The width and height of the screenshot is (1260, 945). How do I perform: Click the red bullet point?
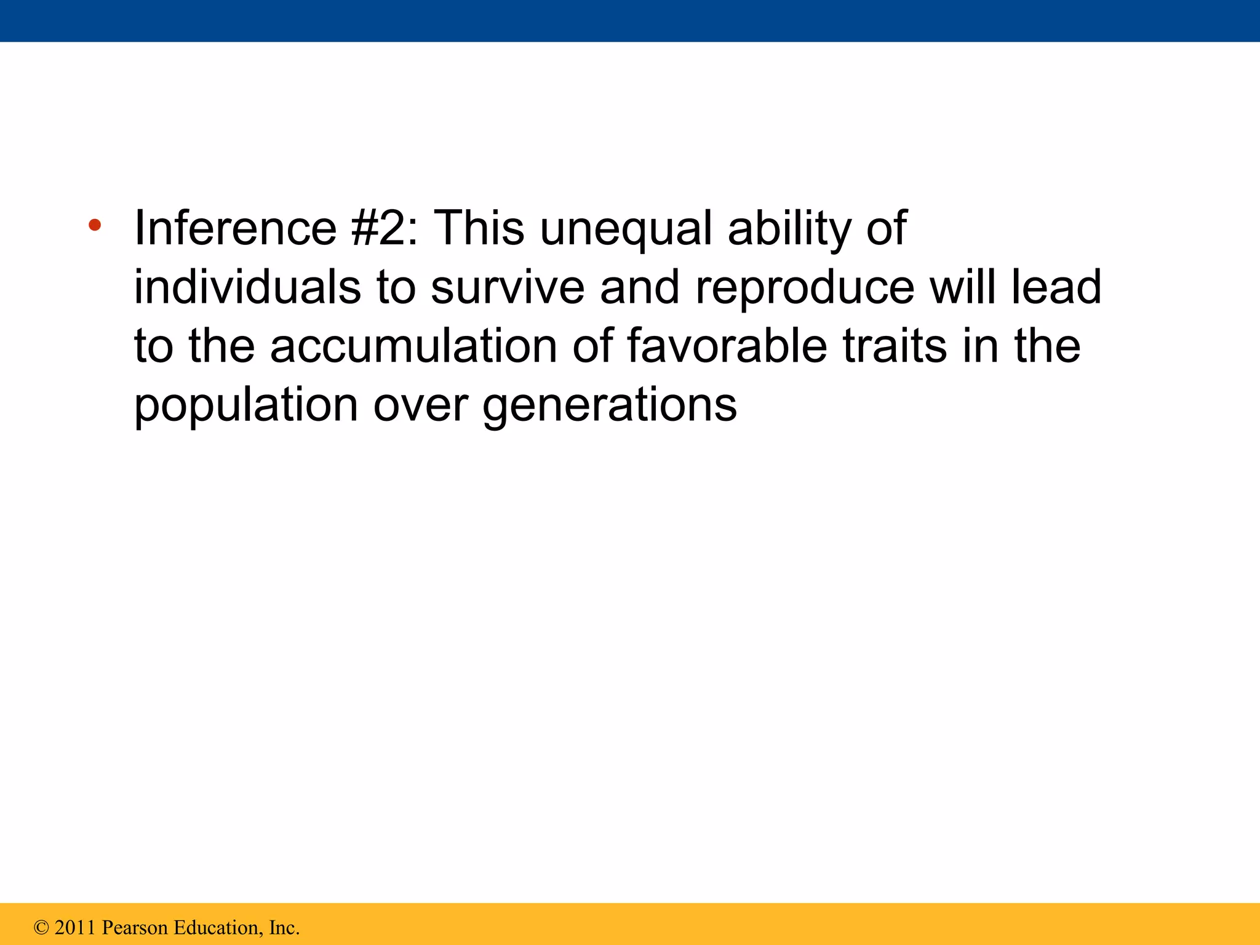pyautogui.click(x=94, y=225)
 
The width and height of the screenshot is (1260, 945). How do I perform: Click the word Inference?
pyautogui.click(x=235, y=228)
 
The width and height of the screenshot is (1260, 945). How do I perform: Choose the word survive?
pyautogui.click(x=507, y=287)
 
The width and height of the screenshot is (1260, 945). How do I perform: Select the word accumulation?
pyautogui.click(x=413, y=346)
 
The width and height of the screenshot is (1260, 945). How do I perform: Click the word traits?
pyautogui.click(x=894, y=346)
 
